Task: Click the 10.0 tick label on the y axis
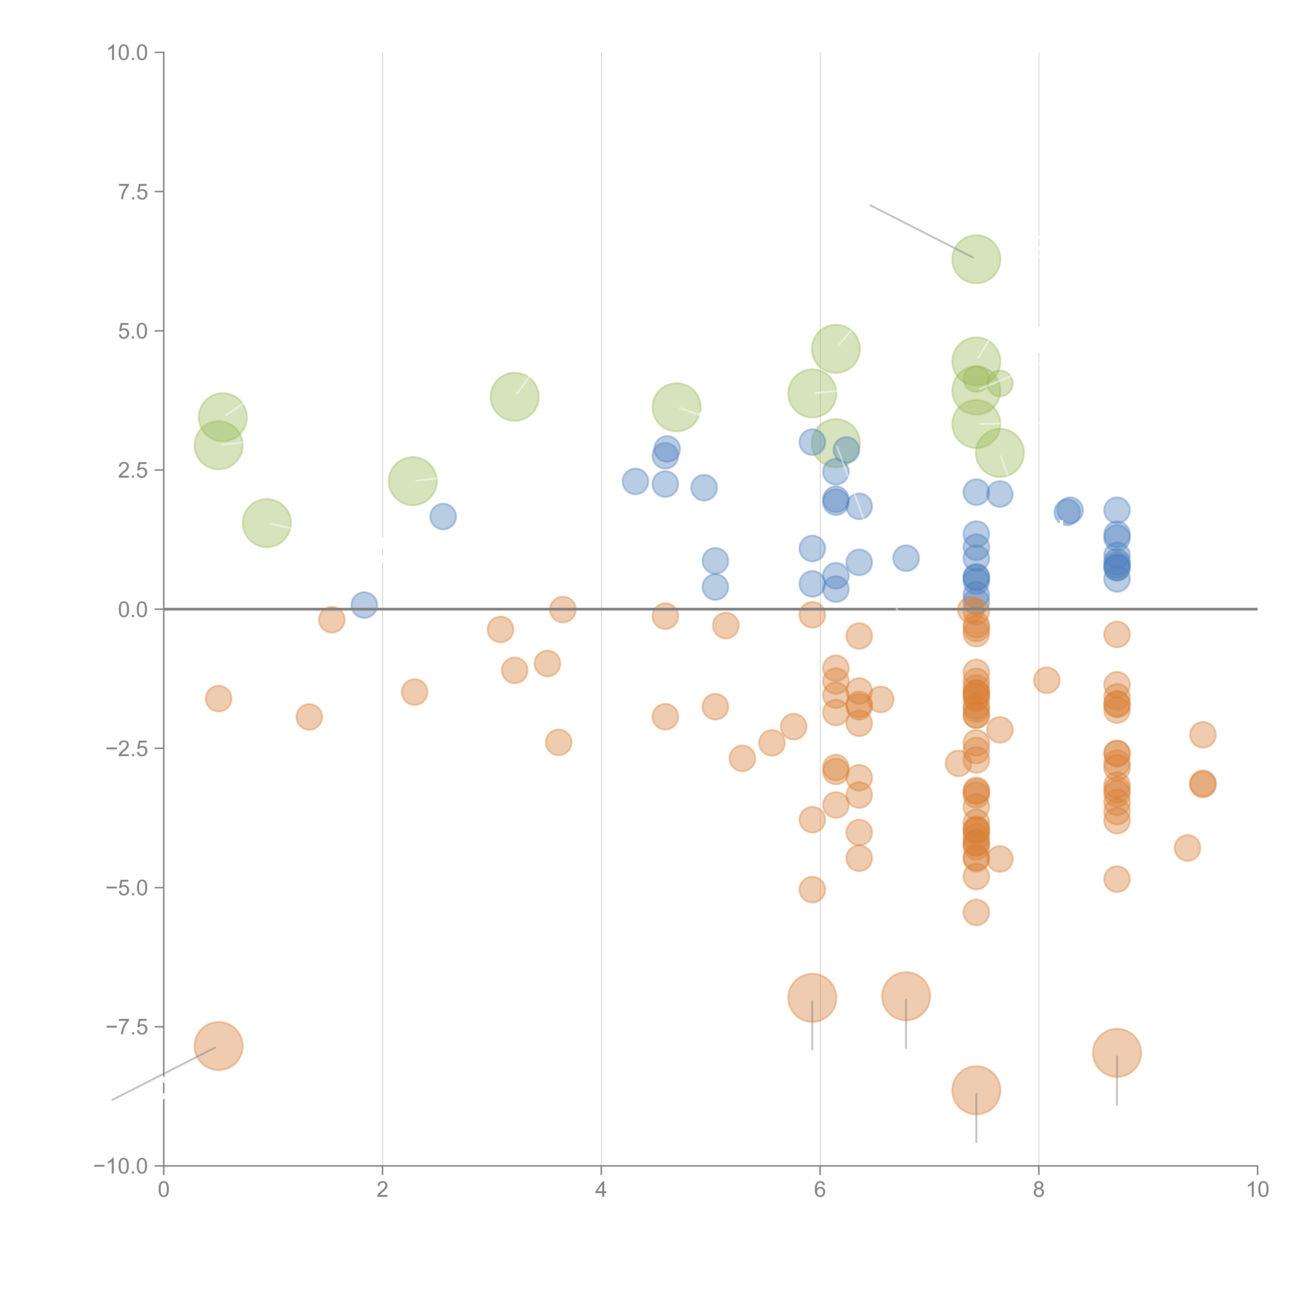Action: pyautogui.click(x=128, y=53)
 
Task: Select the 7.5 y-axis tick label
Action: pyautogui.click(x=133, y=192)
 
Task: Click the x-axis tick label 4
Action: pyautogui.click(x=601, y=1190)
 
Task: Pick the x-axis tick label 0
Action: pyautogui.click(x=163, y=1190)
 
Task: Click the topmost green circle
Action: pyautogui.click(x=976, y=259)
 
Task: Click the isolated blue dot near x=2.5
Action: pyautogui.click(x=443, y=517)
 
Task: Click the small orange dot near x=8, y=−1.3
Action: pyautogui.click(x=1046, y=680)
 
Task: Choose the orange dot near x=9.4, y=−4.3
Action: pyautogui.click(x=1187, y=848)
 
